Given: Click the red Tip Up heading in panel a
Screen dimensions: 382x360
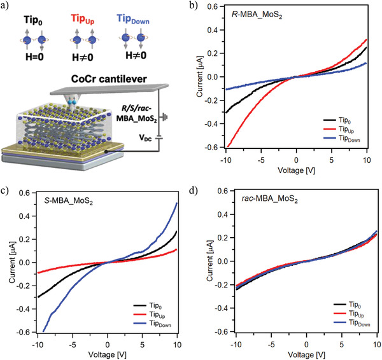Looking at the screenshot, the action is pos(83,19).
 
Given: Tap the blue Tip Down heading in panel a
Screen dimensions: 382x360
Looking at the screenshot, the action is pos(133,19).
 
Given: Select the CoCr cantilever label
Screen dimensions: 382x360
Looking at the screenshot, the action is pos(109,79).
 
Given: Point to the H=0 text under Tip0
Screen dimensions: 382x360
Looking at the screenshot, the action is pos(34,57).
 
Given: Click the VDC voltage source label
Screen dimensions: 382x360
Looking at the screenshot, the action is pos(145,138).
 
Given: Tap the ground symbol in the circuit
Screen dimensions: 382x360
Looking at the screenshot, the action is pos(164,118).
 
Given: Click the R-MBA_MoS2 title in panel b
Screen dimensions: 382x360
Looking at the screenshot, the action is pos(257,15).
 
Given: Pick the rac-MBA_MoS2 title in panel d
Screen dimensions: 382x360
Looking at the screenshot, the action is pos(270,199).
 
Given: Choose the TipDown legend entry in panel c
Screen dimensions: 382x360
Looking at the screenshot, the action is pos(152,324).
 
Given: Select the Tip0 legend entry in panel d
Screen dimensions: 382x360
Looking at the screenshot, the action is pos(347,305).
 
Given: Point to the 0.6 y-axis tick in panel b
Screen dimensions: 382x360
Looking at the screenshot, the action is pos(213,6).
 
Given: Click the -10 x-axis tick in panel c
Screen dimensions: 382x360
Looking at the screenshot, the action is pos(38,345).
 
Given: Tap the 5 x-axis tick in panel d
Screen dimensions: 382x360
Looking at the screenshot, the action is pos(342,345).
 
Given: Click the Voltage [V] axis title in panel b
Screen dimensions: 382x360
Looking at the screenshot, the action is pos(296,170).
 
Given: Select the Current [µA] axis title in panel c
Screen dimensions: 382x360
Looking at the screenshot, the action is pos(12,263).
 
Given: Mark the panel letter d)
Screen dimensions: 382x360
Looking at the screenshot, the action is pos(194,190).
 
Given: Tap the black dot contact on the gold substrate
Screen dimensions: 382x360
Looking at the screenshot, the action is pos(106,151).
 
